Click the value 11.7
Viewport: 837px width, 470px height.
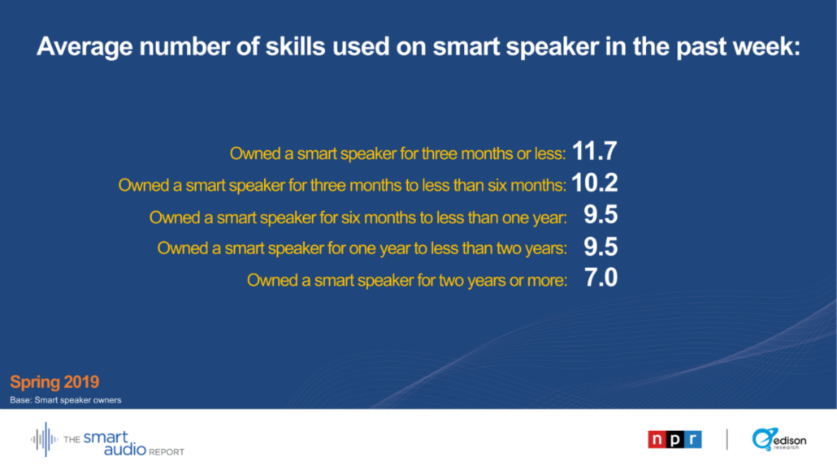pos(594,152)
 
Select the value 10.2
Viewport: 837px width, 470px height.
pos(595,183)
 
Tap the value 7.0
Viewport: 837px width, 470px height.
pos(601,278)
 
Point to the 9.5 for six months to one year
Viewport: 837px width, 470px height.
pos(601,215)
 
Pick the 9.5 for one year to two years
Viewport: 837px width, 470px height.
pos(601,247)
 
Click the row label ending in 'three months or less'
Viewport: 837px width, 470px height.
pos(397,153)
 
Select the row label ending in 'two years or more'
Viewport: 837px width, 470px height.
pos(407,280)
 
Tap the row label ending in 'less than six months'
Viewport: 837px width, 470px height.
pos(342,185)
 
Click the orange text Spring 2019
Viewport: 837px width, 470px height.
pos(54,382)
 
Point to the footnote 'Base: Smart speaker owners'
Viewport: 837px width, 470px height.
pos(66,400)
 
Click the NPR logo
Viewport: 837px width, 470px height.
pos(674,440)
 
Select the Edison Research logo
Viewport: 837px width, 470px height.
pos(778,440)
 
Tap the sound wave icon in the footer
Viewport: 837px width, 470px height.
pos(45,440)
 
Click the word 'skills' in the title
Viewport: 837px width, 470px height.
pos(295,46)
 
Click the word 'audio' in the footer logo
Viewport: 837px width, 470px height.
pos(125,449)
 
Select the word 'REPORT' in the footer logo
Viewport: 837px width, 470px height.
pos(167,452)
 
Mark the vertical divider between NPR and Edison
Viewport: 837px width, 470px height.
pos(727,440)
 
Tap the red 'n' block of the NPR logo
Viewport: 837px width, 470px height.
pos(657,440)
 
